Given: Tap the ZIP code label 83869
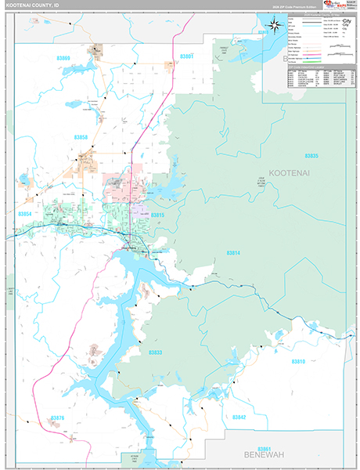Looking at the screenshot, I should tap(63, 59).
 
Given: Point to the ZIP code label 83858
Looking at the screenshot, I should tap(81, 137).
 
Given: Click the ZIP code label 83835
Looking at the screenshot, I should tap(312, 157).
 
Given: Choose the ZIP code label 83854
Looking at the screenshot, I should tap(26, 213).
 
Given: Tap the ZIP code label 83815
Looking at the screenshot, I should tap(158, 215).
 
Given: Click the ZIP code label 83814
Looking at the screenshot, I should tap(234, 254).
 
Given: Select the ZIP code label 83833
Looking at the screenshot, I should tap(156, 352).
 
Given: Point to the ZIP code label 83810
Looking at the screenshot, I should tap(297, 361).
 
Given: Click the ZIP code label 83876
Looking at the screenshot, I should tap(57, 418).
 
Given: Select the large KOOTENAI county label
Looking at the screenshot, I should tap(290, 171).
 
